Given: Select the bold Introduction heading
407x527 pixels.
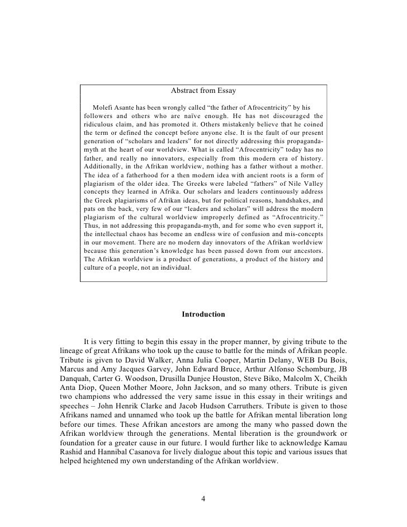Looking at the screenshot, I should [203, 314].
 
